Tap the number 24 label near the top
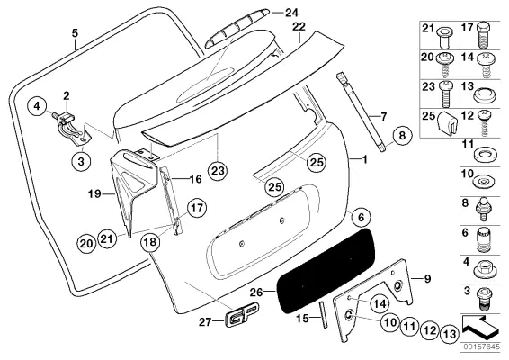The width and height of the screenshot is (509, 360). (290, 13)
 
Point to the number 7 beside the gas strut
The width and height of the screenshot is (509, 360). (384, 116)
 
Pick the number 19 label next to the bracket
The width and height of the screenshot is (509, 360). (94, 193)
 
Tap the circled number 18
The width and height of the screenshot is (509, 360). (150, 241)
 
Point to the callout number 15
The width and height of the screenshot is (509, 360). (301, 317)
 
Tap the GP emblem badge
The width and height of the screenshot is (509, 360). (239, 318)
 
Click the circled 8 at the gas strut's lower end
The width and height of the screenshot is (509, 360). (402, 137)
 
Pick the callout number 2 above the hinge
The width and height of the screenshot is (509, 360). (66, 94)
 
